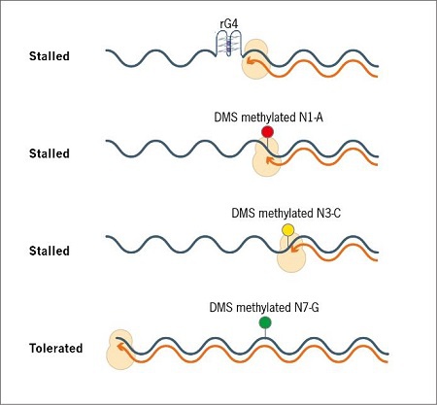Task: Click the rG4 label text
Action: click(229, 24)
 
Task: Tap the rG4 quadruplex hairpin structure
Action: click(228, 44)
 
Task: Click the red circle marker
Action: click(268, 132)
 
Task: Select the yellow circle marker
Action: click(287, 230)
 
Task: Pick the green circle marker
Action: click(265, 322)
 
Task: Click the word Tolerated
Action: click(56, 349)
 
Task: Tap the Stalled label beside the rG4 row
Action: click(50, 56)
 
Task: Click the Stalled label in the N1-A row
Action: click(50, 153)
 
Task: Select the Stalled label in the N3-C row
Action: click(50, 251)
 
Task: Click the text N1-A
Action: click(311, 117)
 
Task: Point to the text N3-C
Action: click(328, 213)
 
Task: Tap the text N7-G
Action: click(307, 307)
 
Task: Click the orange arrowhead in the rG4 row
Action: click(250, 60)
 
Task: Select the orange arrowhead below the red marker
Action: click(269, 160)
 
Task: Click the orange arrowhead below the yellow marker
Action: click(294, 249)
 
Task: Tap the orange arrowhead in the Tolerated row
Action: click(121, 347)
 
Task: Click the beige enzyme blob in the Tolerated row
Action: click(120, 350)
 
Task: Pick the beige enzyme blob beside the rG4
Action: click(255, 59)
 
